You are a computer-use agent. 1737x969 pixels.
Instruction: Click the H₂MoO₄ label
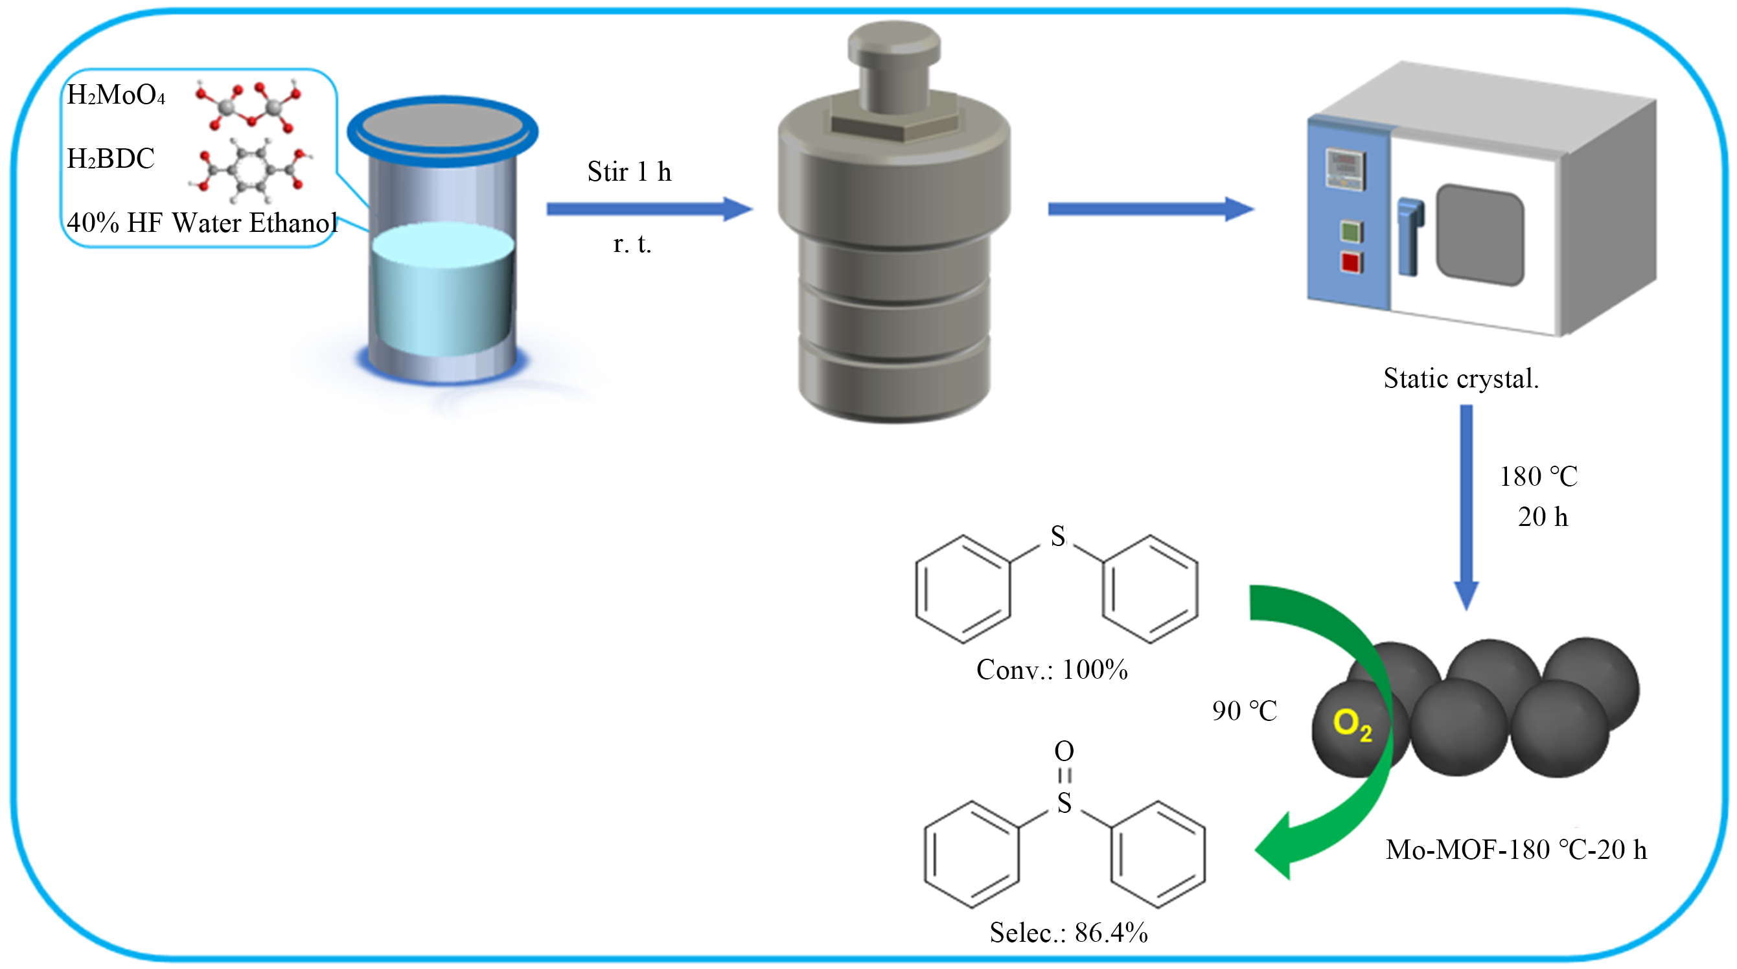coord(116,95)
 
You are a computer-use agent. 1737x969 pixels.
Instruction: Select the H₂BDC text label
coord(111,159)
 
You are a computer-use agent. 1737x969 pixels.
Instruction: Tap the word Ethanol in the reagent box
coord(293,223)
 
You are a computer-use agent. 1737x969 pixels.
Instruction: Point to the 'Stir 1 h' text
coord(629,172)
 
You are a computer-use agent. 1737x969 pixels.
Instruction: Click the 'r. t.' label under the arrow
coord(632,244)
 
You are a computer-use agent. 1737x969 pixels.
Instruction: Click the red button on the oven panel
coord(1351,262)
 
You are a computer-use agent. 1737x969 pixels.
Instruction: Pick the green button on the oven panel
coord(1351,232)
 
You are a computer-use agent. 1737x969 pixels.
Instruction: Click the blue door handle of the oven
coord(1409,236)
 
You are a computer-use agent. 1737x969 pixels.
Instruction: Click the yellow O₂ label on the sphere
coord(1352,725)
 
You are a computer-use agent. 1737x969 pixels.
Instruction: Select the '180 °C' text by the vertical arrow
coord(1538,477)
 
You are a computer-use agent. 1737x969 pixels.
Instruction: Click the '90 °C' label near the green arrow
coord(1244,711)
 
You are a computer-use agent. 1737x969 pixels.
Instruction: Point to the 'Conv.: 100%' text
coord(1052,670)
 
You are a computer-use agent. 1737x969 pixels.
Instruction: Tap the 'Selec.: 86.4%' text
coord(1069,933)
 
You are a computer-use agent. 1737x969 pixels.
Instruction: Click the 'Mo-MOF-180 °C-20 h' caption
coord(1516,850)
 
